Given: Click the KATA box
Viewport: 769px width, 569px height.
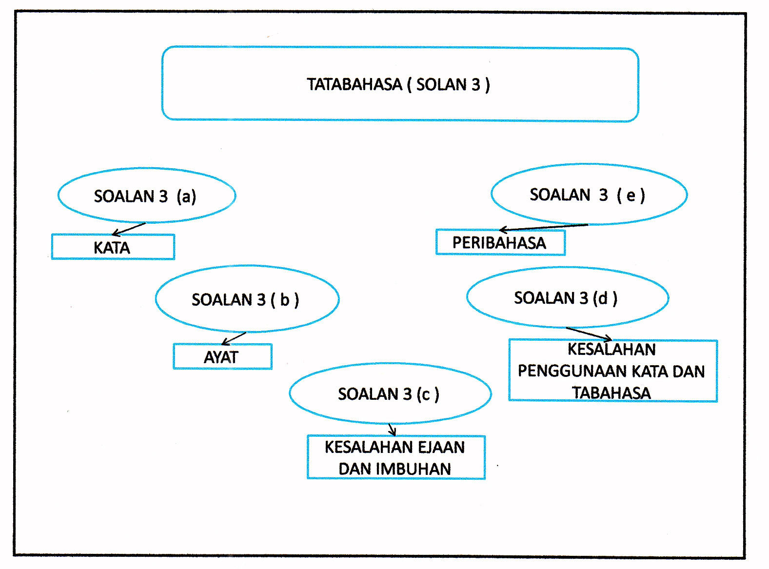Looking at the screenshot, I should point(113,247).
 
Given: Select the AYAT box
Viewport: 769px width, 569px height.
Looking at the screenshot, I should point(222,357).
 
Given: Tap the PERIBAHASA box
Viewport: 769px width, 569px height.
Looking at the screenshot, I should point(500,242).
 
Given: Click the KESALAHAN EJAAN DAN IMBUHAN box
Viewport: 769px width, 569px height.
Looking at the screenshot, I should point(396,457).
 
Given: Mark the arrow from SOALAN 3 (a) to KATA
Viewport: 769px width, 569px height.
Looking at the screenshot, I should point(129,229).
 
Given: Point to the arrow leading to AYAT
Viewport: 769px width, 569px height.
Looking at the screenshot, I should point(234,339).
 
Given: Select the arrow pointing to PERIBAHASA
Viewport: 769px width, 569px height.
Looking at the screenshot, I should point(543,227).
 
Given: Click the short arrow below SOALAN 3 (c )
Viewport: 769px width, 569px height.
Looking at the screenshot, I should point(392,429).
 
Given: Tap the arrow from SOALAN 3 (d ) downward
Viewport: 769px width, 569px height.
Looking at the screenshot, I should point(589,334).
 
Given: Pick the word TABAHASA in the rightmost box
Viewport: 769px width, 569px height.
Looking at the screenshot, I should point(611,392).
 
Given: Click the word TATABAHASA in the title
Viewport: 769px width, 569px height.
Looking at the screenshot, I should point(355,84).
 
